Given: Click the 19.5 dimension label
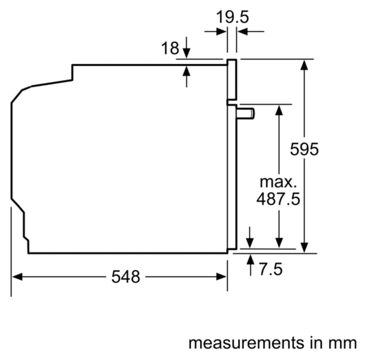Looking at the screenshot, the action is tap(233, 17).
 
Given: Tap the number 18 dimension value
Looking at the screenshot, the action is tap(170, 48).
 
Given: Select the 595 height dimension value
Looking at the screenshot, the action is tap(304, 149).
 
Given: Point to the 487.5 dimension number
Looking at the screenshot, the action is tap(278, 199).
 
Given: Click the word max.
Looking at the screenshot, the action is tap(278, 182).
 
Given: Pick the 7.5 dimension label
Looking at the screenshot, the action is tap(271, 269).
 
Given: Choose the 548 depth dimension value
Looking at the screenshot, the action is tap(125, 277).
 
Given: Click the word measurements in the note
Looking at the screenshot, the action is tap(246, 343).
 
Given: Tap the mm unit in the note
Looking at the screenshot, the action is tap(343, 344).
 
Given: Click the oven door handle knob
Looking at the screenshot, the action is tap(245, 114).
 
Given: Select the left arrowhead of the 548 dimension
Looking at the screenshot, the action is tap(17, 277).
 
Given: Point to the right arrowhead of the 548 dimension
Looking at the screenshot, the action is tap(221, 277).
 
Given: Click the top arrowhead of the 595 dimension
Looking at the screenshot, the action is tap(304, 65).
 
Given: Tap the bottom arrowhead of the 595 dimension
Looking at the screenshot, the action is tap(304, 248).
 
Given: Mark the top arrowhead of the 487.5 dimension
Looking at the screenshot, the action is tap(279, 110).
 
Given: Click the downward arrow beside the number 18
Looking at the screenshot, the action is tap(186, 48).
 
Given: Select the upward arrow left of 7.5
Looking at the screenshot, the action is tap(250, 265).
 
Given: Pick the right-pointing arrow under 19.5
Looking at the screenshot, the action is tap(215, 31).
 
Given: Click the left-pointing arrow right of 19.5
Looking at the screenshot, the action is tap(251, 31).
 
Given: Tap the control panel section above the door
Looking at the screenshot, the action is tap(232, 79).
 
